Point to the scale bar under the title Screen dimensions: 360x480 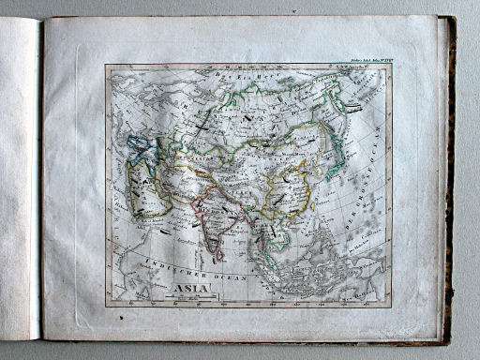(x=186, y=297)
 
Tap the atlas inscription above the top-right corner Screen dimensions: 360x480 (x=365, y=60)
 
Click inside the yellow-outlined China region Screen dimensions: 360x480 (x=281, y=187)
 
